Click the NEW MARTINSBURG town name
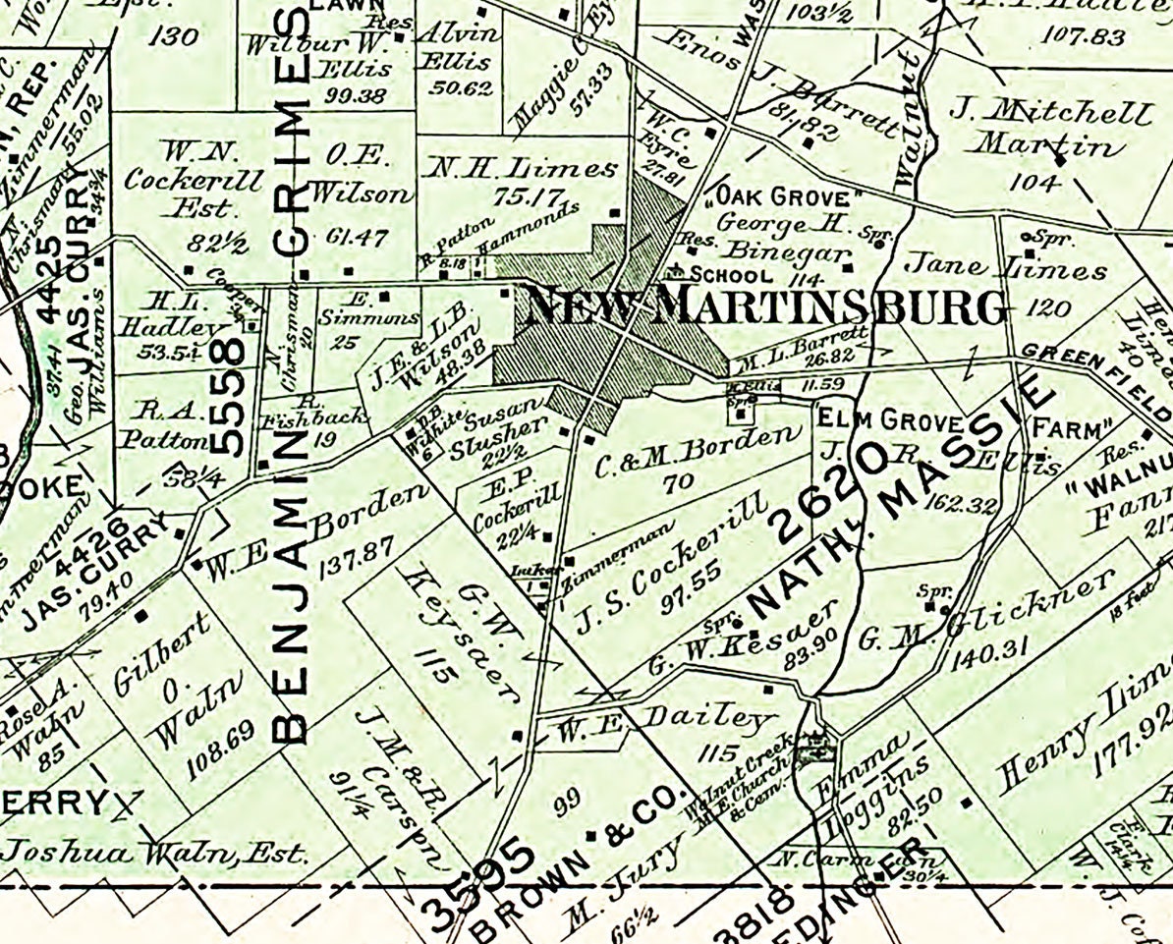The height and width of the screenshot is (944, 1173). click(x=766, y=307)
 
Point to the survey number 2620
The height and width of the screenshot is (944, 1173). click(x=833, y=490)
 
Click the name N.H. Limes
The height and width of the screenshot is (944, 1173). click(x=519, y=169)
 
